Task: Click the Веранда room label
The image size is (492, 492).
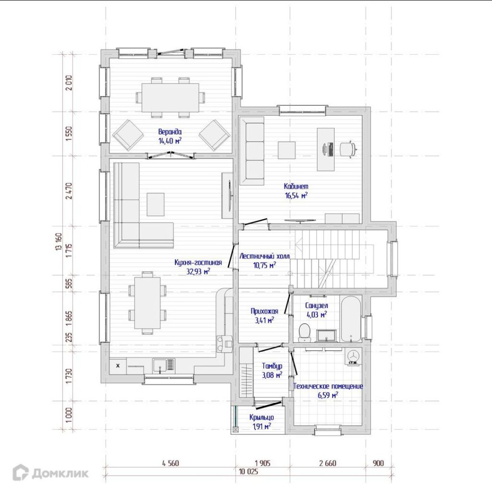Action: (x=170, y=136)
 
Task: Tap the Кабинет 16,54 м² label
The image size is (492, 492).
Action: (x=296, y=191)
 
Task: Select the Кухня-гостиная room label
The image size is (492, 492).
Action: (x=198, y=267)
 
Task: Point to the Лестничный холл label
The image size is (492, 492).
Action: (x=265, y=256)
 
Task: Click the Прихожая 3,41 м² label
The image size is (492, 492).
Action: (x=265, y=316)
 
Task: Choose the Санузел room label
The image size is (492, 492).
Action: (x=316, y=306)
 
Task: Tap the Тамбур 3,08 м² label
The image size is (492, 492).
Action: (x=272, y=370)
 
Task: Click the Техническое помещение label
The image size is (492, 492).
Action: (x=328, y=386)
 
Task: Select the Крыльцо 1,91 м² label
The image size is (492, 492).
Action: (x=262, y=422)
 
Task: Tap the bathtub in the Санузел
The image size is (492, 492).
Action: (x=351, y=319)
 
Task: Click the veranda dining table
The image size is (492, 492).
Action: (x=170, y=97)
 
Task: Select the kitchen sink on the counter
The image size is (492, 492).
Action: (x=164, y=366)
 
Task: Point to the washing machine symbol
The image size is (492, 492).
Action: (x=353, y=356)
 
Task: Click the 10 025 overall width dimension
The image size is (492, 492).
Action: (x=248, y=472)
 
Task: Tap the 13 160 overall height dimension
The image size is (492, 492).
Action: (x=58, y=242)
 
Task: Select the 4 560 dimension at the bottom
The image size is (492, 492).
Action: (x=171, y=463)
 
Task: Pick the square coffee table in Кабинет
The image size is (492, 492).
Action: (x=286, y=150)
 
